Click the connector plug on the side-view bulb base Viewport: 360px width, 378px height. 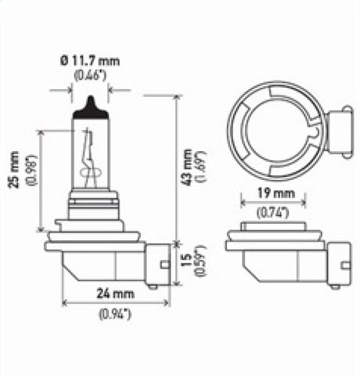pos(158,262)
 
